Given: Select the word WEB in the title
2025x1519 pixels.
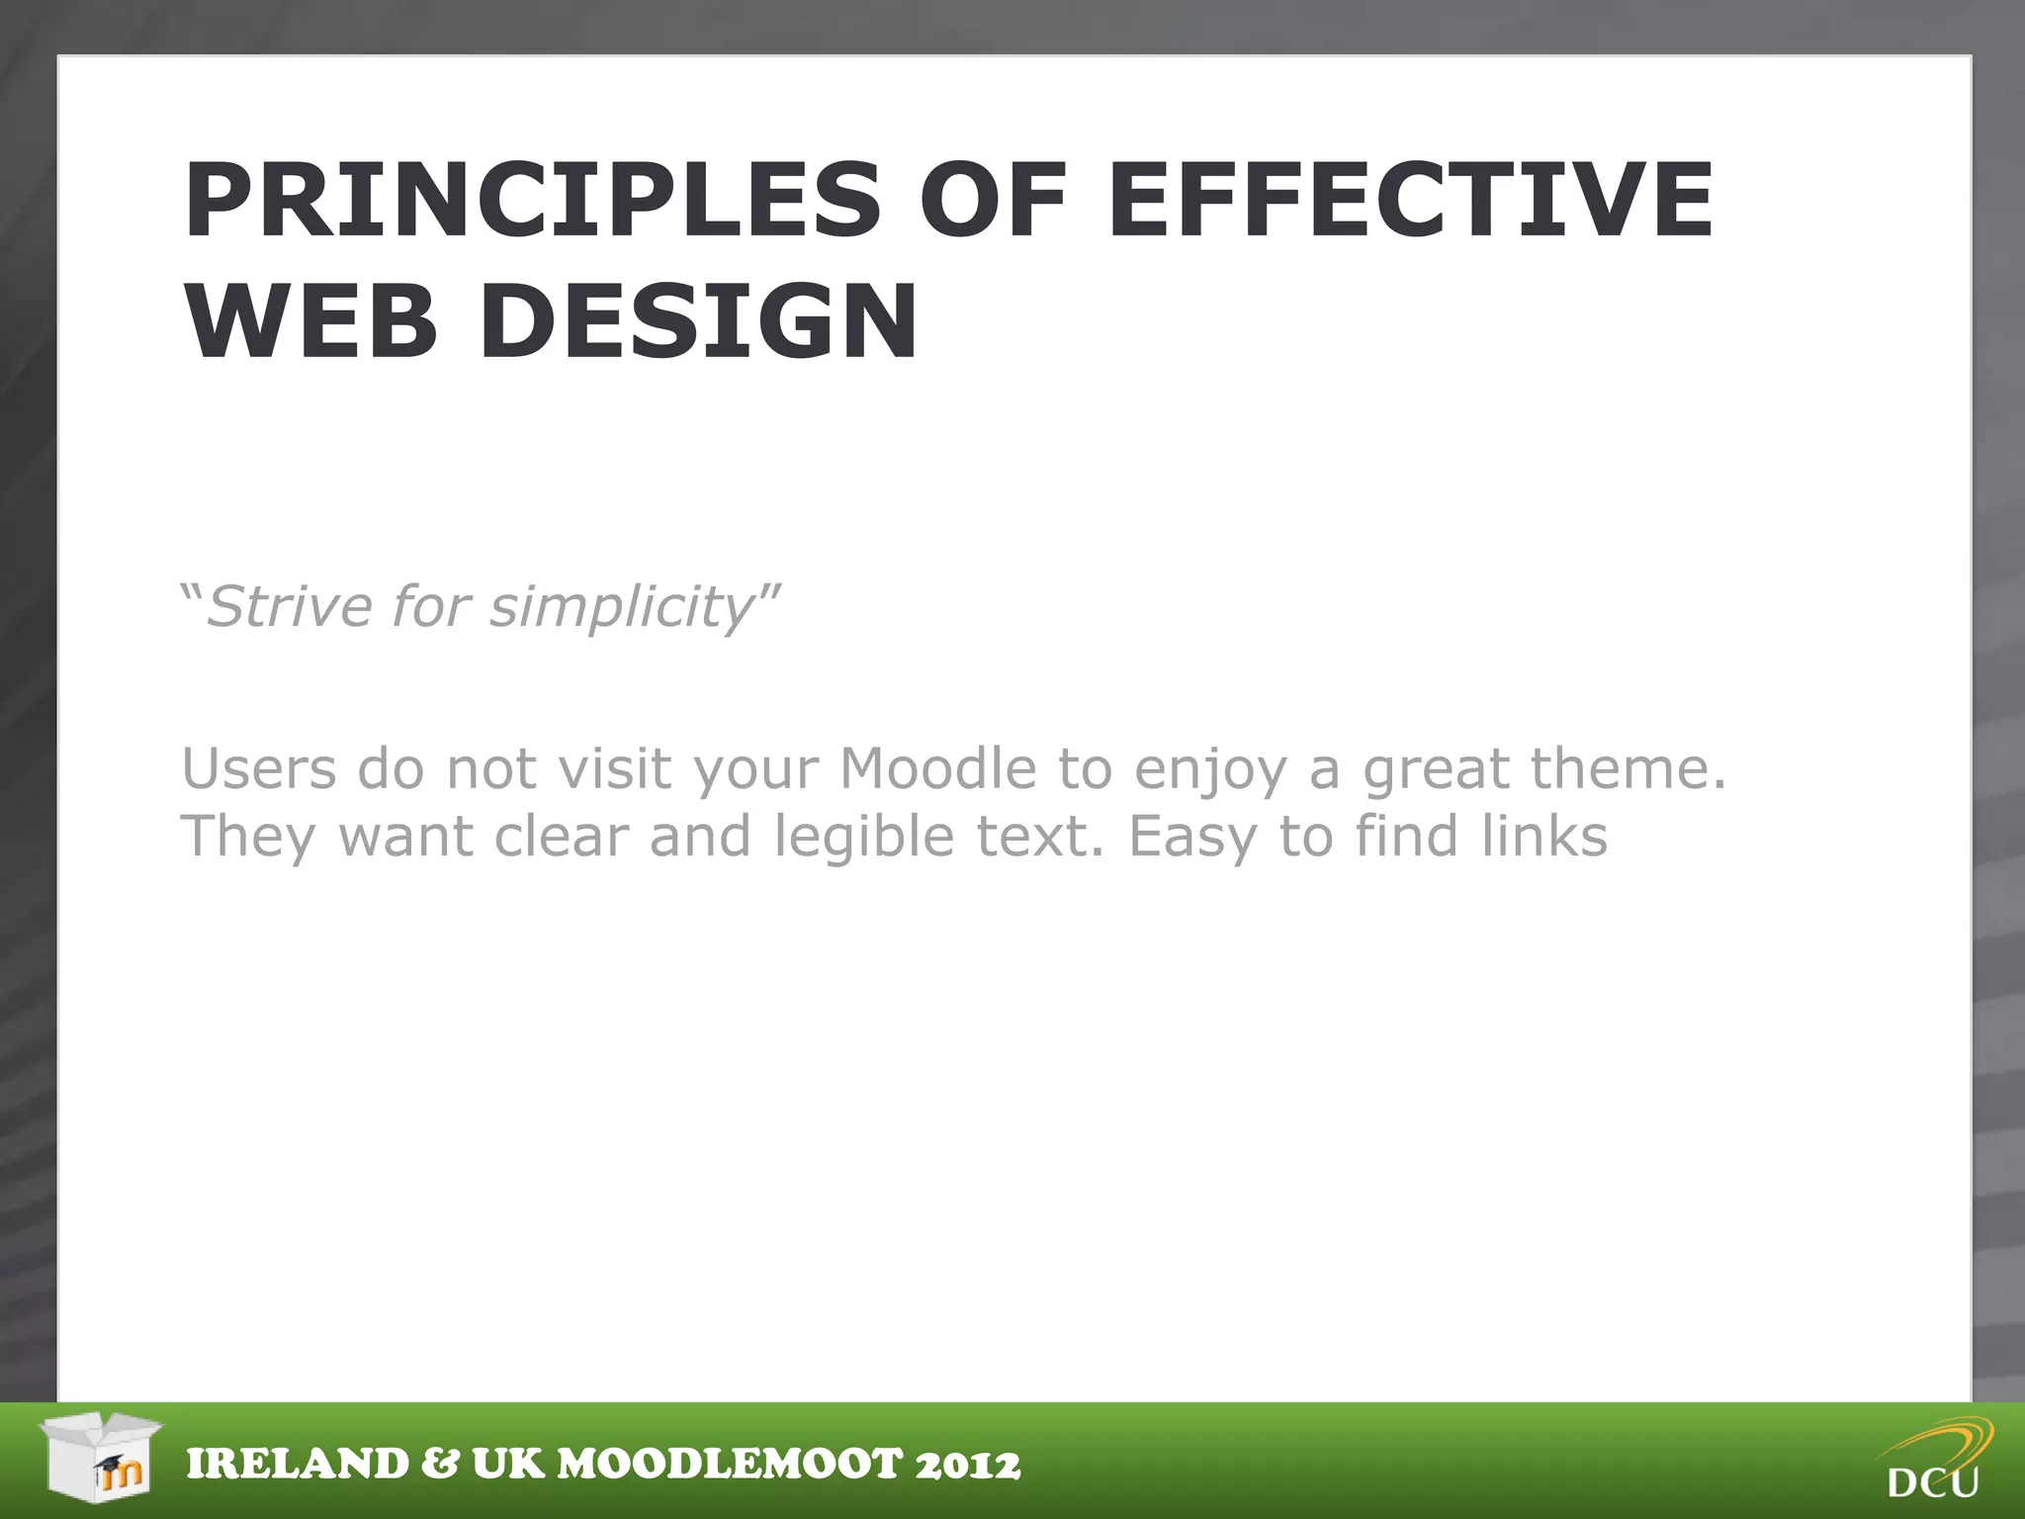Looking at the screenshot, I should click(310, 322).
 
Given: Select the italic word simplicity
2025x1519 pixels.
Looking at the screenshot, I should click(623, 608).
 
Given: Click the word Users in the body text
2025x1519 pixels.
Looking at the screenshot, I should click(259, 768).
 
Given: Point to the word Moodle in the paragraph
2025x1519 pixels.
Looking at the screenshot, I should click(937, 768).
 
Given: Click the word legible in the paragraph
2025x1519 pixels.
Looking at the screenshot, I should click(863, 838).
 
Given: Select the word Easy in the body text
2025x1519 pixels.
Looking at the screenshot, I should click(1190, 838).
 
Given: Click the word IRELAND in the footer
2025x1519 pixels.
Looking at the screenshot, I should click(298, 1465).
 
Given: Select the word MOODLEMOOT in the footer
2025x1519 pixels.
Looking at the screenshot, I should click(730, 1465).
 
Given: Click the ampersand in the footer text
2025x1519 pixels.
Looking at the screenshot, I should click(440, 1465).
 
